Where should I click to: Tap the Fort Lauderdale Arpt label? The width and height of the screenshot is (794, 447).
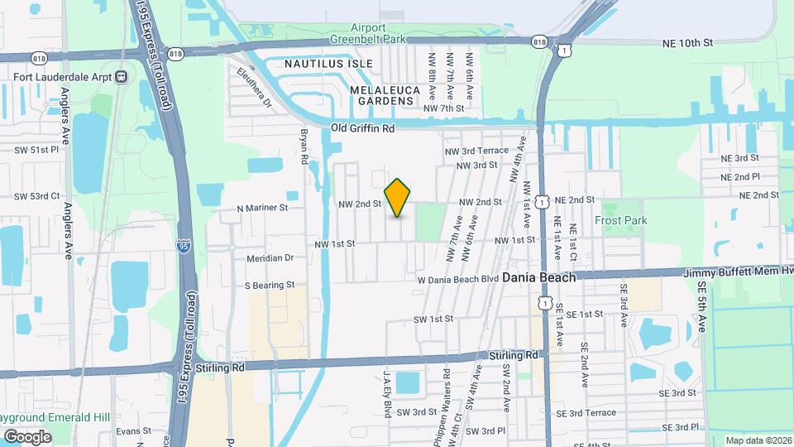[62, 77]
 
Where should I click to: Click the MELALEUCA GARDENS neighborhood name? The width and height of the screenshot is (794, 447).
[381, 94]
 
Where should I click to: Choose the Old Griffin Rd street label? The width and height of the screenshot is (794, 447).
[362, 128]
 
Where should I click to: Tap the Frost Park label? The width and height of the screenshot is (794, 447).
[620, 220]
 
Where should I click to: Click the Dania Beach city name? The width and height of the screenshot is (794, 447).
[538, 277]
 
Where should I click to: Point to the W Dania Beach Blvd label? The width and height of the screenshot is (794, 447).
[457, 279]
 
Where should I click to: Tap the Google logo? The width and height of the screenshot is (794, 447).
[27, 436]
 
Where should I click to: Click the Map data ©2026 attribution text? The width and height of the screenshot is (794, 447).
[758, 440]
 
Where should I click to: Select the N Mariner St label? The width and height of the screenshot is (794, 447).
[261, 209]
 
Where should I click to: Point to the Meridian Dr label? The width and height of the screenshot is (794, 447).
[270, 258]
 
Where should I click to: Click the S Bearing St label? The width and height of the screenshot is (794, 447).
[269, 285]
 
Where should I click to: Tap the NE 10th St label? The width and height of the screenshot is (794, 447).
[686, 41]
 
